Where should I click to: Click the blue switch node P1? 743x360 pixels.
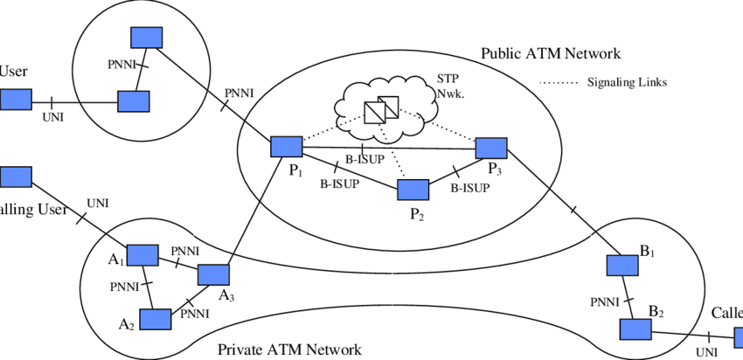(x=286, y=147)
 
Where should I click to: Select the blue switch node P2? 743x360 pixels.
(x=413, y=189)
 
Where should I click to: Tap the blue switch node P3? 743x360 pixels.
(x=491, y=147)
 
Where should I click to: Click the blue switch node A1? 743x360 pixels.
(x=142, y=254)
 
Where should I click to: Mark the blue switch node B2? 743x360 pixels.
(x=635, y=329)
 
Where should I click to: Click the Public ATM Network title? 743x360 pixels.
(x=551, y=53)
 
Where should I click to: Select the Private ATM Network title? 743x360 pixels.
(x=289, y=350)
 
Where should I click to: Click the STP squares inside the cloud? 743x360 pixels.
(x=381, y=109)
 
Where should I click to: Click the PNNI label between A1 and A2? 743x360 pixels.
(x=126, y=286)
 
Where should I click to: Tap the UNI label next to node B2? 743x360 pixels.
(x=705, y=351)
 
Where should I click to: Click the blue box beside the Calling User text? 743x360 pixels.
(x=15, y=177)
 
